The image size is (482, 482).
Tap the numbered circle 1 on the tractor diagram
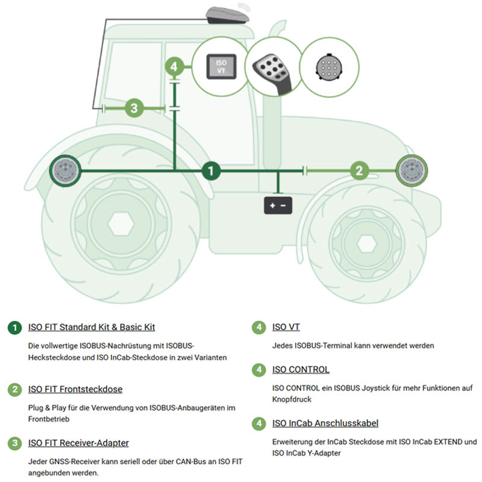210,171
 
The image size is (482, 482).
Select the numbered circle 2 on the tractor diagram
359,171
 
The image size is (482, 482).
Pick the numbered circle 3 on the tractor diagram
134,108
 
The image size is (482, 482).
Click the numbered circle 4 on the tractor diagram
174,66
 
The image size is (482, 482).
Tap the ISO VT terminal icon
218,66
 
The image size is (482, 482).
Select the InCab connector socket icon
328,66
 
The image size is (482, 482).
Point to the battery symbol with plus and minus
278,205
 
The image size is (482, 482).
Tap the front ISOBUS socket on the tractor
412,171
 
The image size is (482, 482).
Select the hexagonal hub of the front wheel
365,243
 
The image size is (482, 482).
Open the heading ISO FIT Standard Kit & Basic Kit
92,327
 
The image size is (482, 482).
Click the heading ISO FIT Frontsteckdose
75,389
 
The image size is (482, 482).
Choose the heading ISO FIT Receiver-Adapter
78,443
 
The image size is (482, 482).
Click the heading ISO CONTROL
301,369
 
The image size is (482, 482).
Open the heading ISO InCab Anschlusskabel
325,424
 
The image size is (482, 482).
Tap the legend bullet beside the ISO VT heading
258,327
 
